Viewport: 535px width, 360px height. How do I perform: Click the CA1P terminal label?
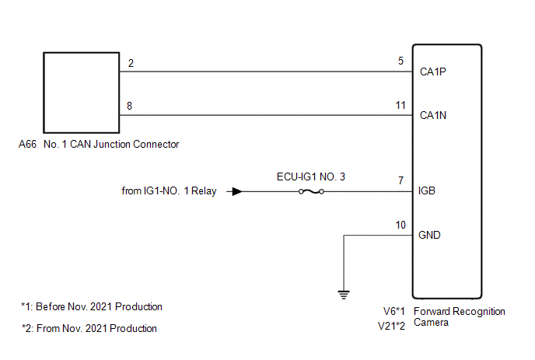[432, 72]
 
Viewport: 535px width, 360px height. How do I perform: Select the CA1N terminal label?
[432, 116]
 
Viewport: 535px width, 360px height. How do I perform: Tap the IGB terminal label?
[427, 190]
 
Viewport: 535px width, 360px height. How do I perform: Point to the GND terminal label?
[429, 235]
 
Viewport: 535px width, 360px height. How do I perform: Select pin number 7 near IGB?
[400, 181]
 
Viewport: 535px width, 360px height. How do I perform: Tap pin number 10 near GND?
[400, 225]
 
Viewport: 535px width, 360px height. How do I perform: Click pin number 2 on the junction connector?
[131, 63]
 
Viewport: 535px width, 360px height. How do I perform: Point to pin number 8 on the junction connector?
[131, 107]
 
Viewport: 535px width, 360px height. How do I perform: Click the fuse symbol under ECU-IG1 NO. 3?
[310, 191]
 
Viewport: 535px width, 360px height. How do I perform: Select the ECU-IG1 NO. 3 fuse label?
[310, 177]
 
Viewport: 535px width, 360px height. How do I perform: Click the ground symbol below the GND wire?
[343, 294]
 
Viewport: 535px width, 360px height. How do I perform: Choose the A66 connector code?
[27, 144]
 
